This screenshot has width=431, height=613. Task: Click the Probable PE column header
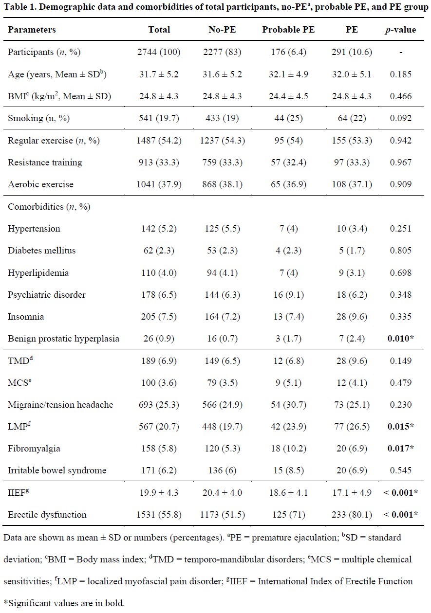288,30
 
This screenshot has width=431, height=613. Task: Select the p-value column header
400,30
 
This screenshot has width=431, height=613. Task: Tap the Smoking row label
38,118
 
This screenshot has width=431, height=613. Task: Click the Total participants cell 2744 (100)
159,52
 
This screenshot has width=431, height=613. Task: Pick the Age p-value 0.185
401,74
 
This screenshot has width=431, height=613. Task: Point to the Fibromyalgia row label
34,449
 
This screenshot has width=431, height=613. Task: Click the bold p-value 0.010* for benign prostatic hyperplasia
401,339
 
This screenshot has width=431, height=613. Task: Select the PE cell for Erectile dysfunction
352,515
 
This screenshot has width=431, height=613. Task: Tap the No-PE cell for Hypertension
222,229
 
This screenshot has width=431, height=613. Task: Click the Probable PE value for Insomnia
288,317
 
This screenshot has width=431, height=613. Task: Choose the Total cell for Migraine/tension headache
159,404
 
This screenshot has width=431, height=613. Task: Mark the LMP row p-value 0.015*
401,426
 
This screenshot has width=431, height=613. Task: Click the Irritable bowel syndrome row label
57,470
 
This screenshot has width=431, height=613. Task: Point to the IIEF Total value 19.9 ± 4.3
159,492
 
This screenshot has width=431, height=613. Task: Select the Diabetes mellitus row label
42,251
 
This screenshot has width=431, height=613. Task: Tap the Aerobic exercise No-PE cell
222,184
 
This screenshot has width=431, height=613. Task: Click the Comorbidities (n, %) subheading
49,207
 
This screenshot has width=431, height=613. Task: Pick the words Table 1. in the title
20,7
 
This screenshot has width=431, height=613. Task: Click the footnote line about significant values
64,603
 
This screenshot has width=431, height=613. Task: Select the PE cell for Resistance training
352,162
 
